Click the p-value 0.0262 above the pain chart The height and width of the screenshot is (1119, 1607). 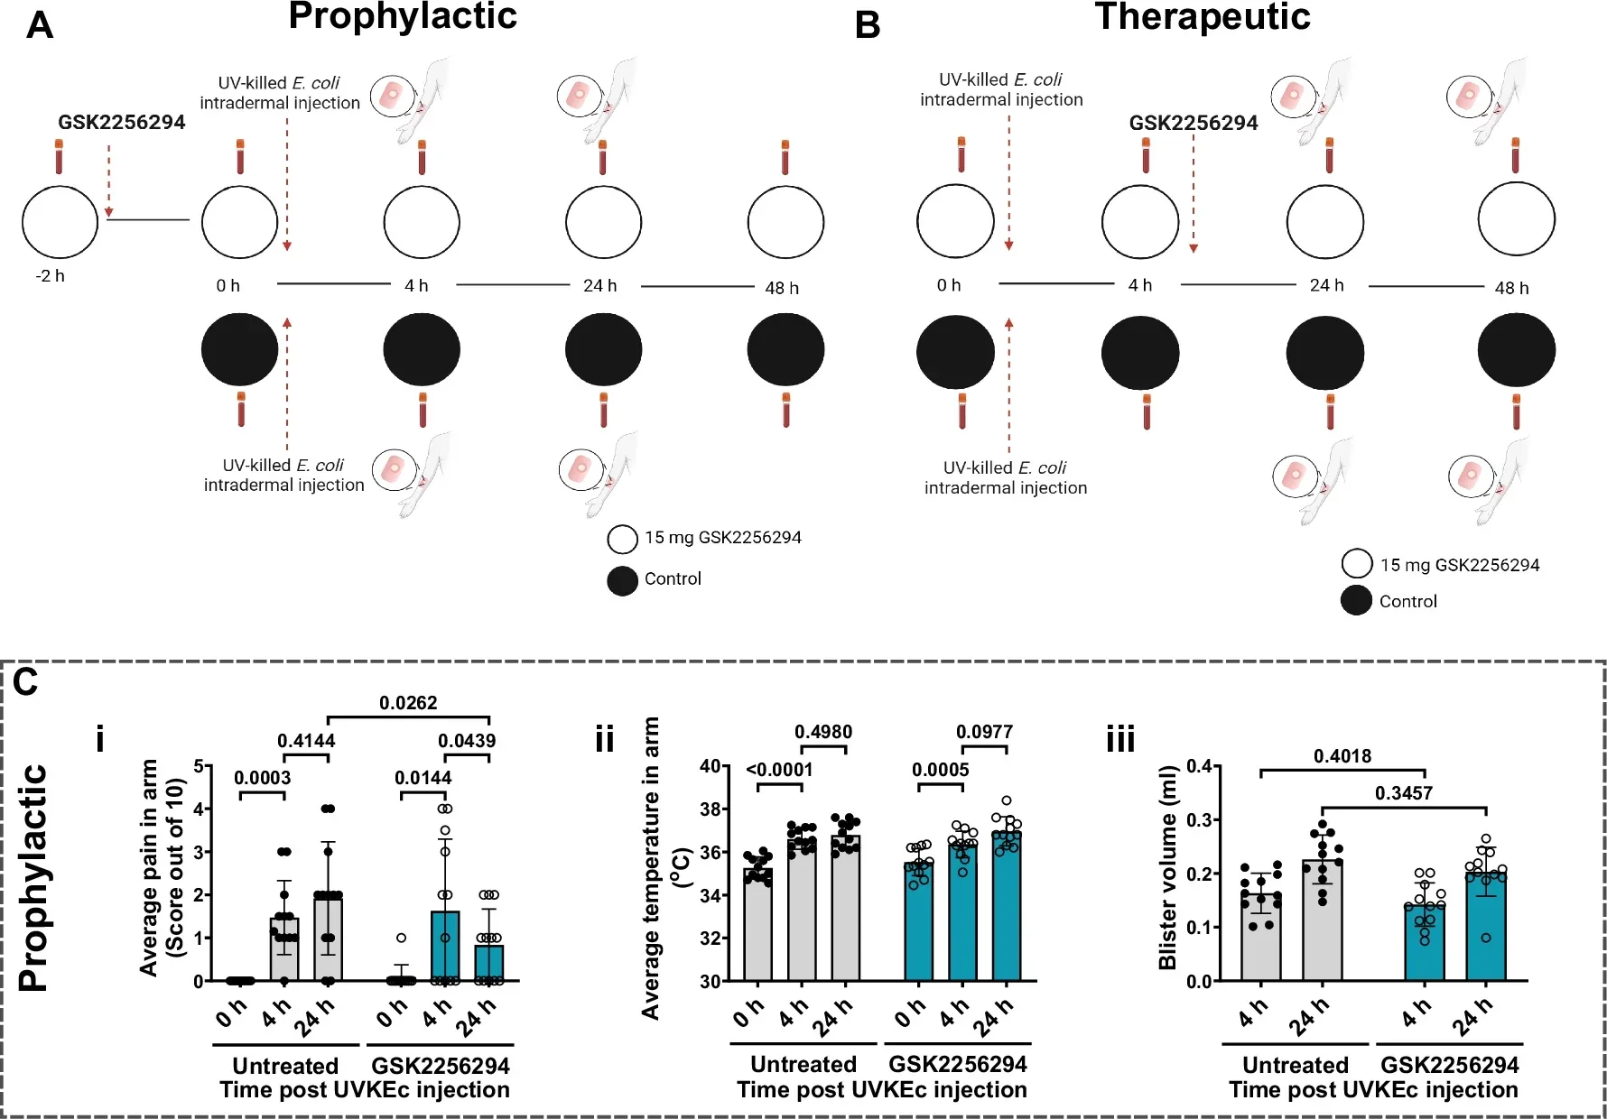(x=408, y=703)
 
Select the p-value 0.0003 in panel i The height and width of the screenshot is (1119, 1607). (x=263, y=778)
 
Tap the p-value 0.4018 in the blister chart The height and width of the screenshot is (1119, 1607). (x=1342, y=756)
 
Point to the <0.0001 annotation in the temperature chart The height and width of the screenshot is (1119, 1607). (x=779, y=770)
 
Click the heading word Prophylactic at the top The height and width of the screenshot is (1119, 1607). (x=403, y=17)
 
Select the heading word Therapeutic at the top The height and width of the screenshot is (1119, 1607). (x=1202, y=17)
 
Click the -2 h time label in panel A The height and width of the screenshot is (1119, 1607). (x=51, y=276)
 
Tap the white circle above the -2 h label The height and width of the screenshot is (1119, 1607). (x=60, y=222)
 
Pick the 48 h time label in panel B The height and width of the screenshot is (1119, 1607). (x=1511, y=288)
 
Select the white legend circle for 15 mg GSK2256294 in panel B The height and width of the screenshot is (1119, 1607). (x=1356, y=564)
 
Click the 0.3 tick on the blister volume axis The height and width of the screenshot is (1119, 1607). (x=1200, y=819)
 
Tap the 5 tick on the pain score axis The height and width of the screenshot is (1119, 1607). (x=198, y=767)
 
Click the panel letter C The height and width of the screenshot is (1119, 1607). (x=25, y=682)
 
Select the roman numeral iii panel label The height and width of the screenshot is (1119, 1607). (x=1120, y=740)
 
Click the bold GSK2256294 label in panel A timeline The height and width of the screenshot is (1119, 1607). (x=122, y=123)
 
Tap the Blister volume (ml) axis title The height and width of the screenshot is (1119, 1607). (x=1167, y=867)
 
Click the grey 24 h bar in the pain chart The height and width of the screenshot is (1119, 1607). (x=328, y=939)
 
